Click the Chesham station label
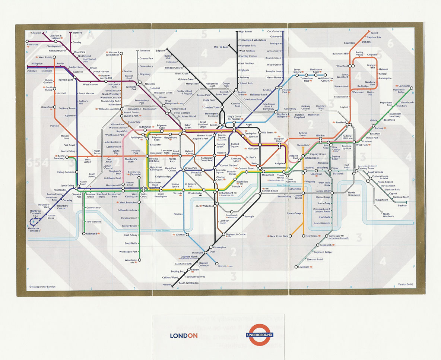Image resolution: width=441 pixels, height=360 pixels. [37, 33]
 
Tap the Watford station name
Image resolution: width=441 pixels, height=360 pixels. [77, 33]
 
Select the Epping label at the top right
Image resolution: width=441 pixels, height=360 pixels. [374, 33]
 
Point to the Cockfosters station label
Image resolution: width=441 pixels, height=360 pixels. [274, 31]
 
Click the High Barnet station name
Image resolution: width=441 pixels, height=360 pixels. [245, 32]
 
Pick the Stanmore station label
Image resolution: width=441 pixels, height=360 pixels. [145, 50]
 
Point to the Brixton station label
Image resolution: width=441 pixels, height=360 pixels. [222, 266]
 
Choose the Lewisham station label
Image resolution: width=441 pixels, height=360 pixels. [304, 267]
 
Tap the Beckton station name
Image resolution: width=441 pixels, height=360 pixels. [402, 206]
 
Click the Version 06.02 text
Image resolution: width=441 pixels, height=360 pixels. [406, 284]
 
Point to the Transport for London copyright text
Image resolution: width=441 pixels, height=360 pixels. [42, 287]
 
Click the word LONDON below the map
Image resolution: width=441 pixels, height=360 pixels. [184, 335]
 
